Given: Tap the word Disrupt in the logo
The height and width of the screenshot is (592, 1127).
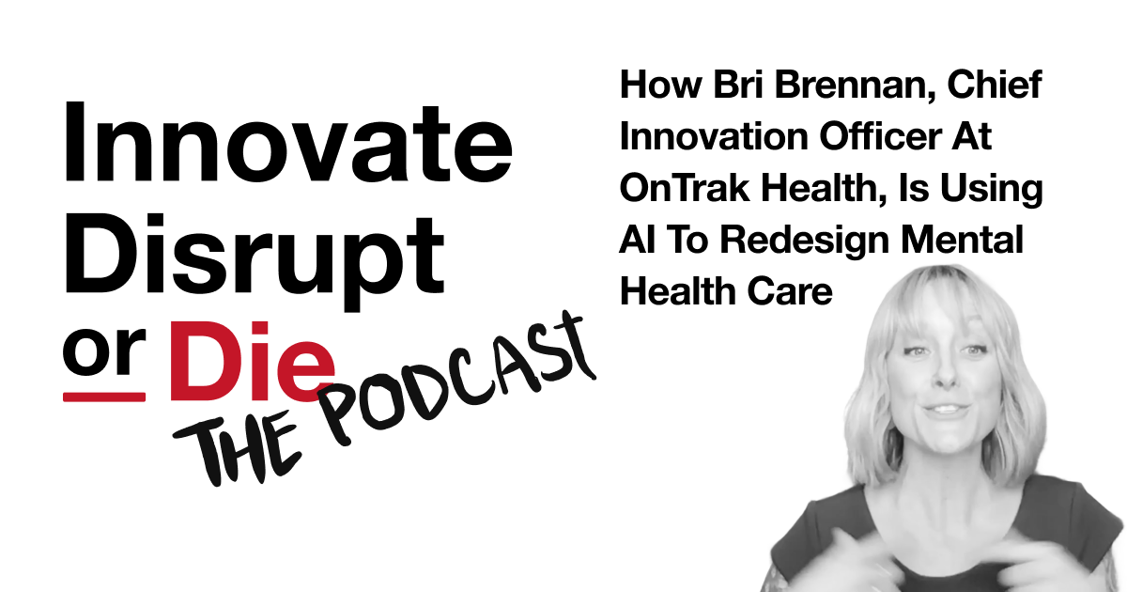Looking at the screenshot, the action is (x=255, y=262).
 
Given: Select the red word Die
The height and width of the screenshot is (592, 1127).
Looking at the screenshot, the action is (x=253, y=362).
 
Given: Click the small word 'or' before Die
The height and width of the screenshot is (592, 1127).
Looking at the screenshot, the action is (x=104, y=351).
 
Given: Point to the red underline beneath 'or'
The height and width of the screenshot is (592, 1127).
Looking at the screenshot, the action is (x=104, y=397).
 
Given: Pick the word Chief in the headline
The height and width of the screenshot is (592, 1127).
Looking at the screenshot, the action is (x=995, y=85).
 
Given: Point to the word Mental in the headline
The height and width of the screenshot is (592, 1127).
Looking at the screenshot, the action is (x=962, y=241).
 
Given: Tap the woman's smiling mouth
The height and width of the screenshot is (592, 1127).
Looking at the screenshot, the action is (x=946, y=412).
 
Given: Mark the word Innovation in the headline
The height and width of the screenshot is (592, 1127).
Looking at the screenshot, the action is (x=714, y=136).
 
